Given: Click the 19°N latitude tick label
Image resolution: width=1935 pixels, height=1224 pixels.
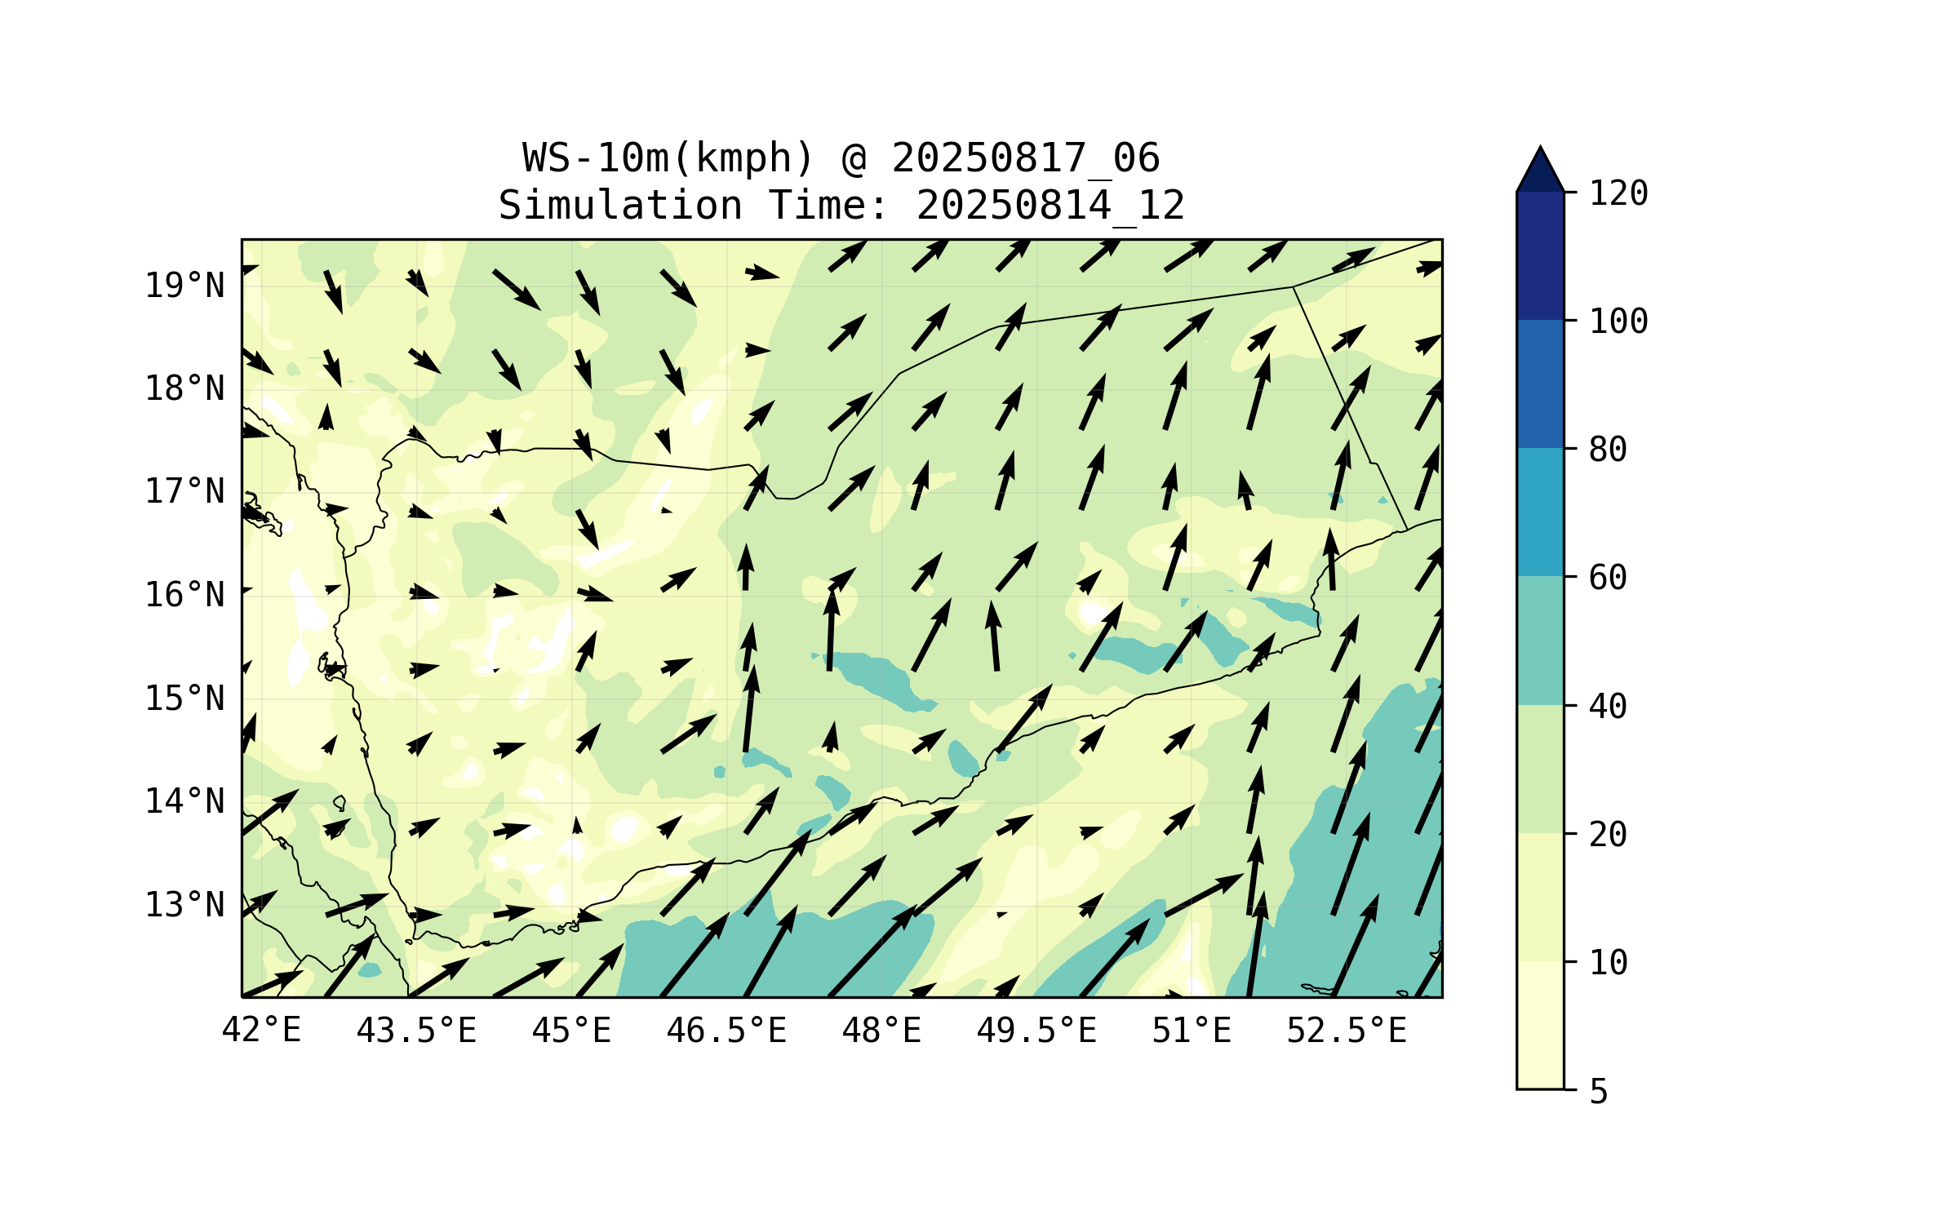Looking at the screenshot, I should tap(184, 286).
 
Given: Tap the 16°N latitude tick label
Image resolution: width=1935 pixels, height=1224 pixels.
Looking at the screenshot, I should tap(184, 595).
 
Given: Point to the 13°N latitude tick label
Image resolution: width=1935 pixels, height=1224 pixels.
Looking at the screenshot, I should tap(184, 905).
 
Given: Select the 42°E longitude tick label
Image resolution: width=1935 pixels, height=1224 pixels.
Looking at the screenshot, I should tap(261, 1031).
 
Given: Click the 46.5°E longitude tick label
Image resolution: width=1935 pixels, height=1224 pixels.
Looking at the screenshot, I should tap(726, 1031).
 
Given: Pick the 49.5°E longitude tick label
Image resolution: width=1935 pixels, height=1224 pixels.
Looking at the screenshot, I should tap(1036, 1031).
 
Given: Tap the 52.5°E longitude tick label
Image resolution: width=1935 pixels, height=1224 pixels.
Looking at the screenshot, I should tap(1347, 1031).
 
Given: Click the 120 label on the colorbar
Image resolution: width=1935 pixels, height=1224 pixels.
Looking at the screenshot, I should tap(1618, 193).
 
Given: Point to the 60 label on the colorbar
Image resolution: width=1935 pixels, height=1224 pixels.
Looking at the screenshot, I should tap(1608, 578).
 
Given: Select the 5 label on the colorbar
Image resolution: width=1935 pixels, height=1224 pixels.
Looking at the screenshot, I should tap(1599, 1092).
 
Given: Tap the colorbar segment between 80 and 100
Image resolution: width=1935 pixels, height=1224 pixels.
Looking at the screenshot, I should tap(1540, 384).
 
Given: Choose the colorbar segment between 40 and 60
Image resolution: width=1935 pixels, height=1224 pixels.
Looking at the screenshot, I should tap(1540, 641).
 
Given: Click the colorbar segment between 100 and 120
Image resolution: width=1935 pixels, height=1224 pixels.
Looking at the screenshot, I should tap(1540, 255).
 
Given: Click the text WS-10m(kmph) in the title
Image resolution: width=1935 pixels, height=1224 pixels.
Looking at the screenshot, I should tap(668, 158).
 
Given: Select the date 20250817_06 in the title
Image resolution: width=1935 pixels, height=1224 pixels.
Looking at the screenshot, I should tap(1025, 158).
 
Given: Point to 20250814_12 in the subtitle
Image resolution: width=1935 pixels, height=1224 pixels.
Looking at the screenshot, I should tap(1050, 206).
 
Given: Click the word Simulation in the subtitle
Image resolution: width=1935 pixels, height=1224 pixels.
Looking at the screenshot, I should tap(620, 206).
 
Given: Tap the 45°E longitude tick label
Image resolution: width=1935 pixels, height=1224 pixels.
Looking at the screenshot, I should tap(571, 1031).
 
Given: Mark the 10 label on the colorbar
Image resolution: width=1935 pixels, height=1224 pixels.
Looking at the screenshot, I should tap(1608, 963).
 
